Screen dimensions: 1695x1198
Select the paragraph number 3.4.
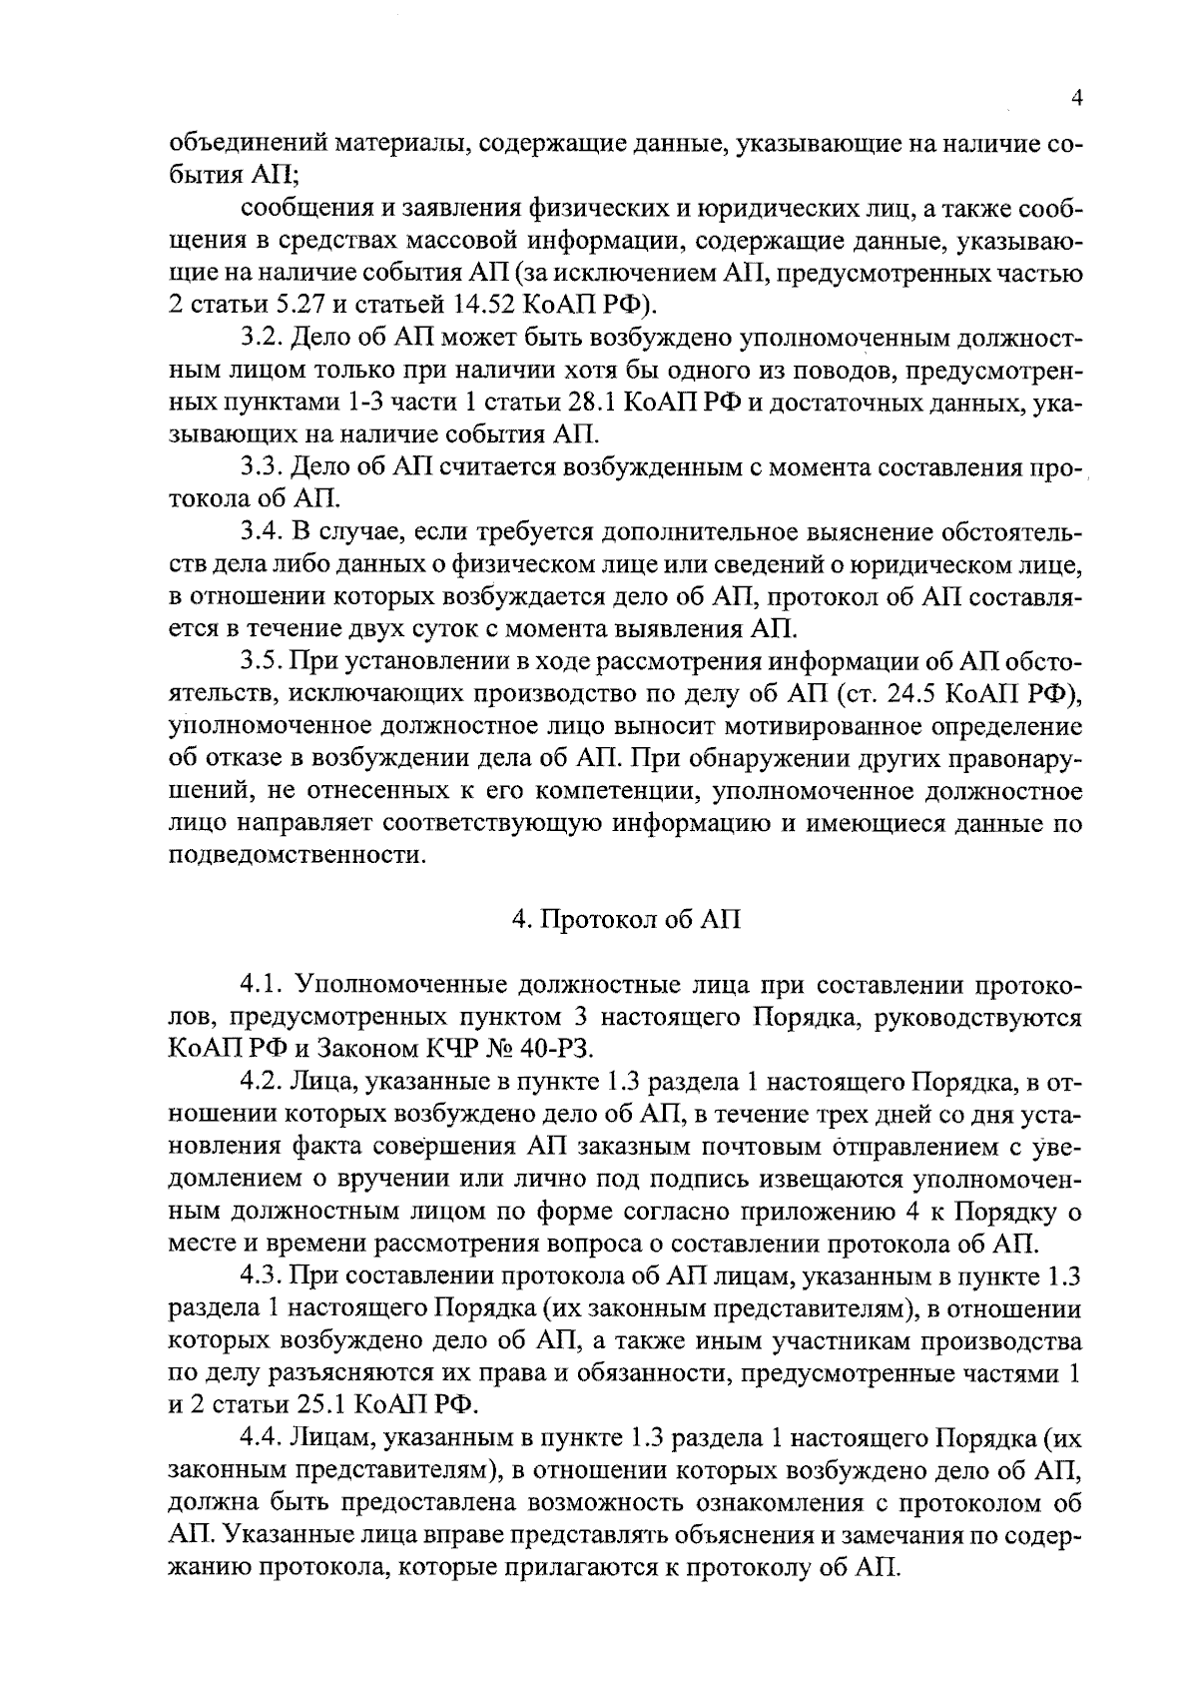(261, 531)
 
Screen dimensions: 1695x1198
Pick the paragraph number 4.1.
(261, 986)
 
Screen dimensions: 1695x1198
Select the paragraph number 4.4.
(261, 1438)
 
